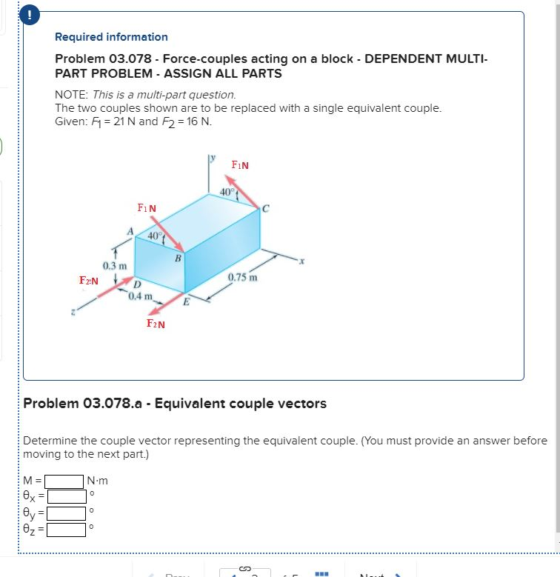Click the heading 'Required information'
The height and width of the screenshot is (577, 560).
[111, 37]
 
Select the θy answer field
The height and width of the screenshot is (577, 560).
[67, 513]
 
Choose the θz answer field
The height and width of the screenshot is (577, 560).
[67, 529]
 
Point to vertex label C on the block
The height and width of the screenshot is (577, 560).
[266, 209]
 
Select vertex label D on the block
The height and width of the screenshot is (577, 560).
[137, 284]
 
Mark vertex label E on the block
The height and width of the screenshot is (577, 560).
[186, 301]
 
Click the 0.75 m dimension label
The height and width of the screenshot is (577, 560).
[243, 278]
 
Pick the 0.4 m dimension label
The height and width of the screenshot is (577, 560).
[139, 297]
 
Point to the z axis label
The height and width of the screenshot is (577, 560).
[73, 313]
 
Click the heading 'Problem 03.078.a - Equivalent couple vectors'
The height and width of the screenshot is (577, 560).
[175, 404]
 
